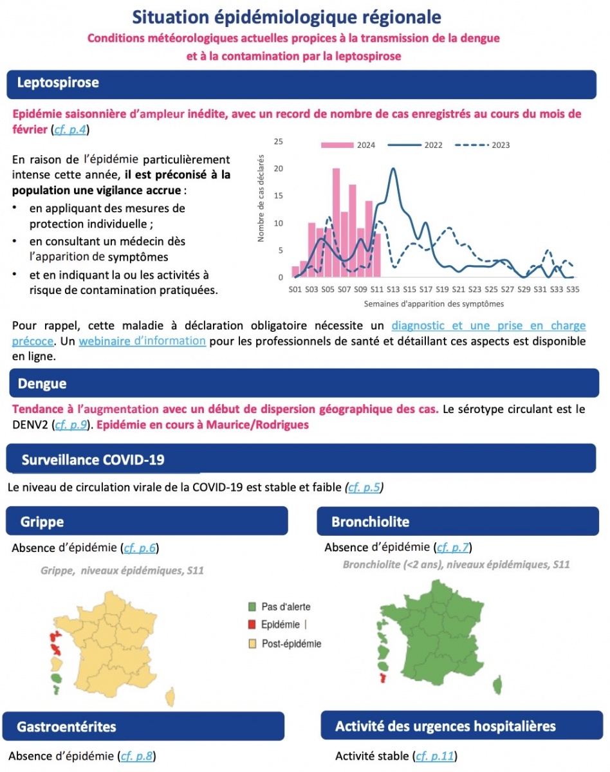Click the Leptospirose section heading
click(58, 82)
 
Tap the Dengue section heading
click(42, 384)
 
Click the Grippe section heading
click(42, 521)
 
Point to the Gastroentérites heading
click(67, 727)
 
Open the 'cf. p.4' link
click(70, 130)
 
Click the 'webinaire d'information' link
click(142, 341)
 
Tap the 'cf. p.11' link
click(436, 756)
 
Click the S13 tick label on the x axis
click(393, 289)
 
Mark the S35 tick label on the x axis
click(573, 289)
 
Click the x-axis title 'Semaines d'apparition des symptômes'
click(434, 304)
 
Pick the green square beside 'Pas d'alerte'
click(253, 607)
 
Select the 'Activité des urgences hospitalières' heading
click(445, 727)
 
